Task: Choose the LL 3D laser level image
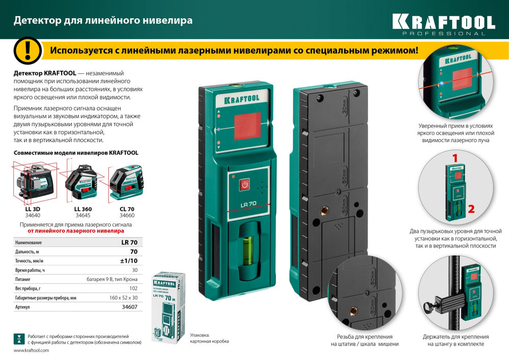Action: coord(33,181)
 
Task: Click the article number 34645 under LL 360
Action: coord(83,215)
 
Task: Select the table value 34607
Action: coord(129,307)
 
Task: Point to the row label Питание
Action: coord(22,280)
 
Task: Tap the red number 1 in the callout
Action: coord(455,158)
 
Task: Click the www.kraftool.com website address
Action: coord(31,351)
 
